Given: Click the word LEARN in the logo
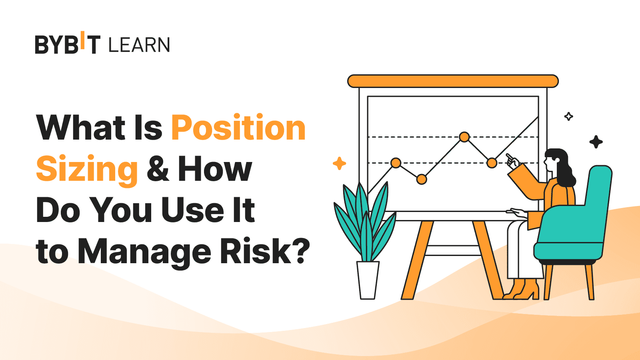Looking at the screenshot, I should pyautogui.click(x=139, y=45).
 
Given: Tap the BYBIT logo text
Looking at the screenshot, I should pyautogui.click(x=68, y=44).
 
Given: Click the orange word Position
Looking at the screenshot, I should pyautogui.click(x=238, y=128).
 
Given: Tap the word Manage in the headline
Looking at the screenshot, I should pyautogui.click(x=144, y=252).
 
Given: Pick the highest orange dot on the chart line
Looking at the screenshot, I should pyautogui.click(x=464, y=137).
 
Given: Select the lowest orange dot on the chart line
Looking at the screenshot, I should pyautogui.click(x=422, y=179).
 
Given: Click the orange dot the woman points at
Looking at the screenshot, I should pyautogui.click(x=492, y=163).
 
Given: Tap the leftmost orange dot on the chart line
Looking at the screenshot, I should pyautogui.click(x=396, y=163).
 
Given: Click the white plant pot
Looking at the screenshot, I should pyautogui.click(x=368, y=280).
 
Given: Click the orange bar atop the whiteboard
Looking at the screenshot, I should pyautogui.click(x=453, y=81).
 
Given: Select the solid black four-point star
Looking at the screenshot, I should pyautogui.click(x=596, y=142).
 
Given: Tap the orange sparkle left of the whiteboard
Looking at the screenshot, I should pyautogui.click(x=339, y=163).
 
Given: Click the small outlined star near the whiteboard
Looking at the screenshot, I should pyautogui.click(x=568, y=116).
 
